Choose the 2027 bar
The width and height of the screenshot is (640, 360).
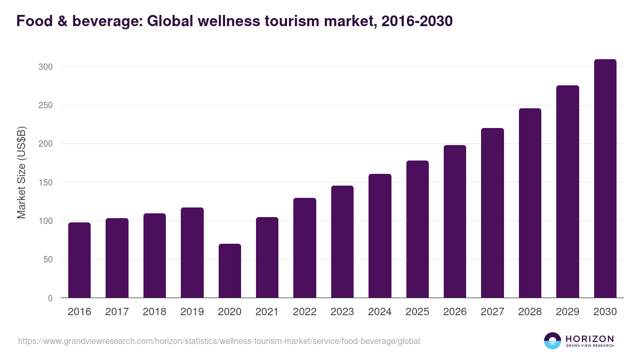pos(492,213)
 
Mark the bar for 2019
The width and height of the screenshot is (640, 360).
pos(192,253)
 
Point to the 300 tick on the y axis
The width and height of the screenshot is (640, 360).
pos(46,67)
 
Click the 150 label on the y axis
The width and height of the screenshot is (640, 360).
pos(46,182)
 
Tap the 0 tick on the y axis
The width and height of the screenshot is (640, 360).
pos(50,298)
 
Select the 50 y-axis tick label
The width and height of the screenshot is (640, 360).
pos(48,260)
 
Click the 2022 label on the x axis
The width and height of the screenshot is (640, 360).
pos(305,312)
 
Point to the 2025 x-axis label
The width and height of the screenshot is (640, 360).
pos(417,312)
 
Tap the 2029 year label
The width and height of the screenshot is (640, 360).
pos(567,312)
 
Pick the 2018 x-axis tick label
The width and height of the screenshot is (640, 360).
pos(155,312)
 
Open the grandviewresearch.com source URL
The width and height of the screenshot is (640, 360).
pos(219,341)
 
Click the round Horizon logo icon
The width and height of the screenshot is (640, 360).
pos(553,341)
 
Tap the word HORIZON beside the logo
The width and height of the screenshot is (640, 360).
pos(589,339)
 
